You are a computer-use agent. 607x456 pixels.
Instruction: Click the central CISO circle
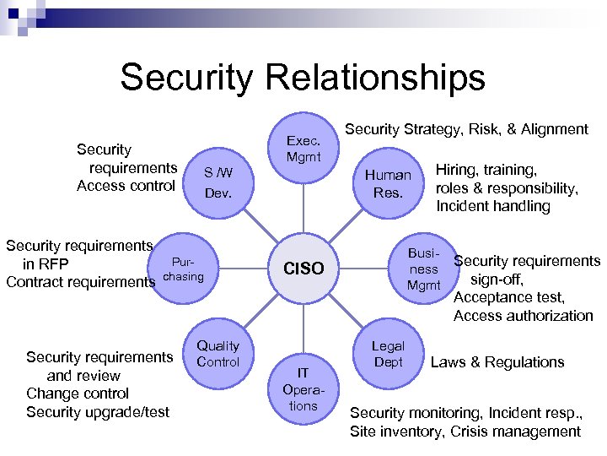coord(303,269)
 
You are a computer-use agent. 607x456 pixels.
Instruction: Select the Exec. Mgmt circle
coord(303,149)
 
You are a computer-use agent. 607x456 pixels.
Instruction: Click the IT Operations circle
coord(303,388)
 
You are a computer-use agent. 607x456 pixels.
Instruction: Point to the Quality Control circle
coord(218,354)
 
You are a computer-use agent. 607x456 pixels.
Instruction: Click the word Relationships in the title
coord(374,78)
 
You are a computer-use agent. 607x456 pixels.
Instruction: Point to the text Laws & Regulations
coord(497,362)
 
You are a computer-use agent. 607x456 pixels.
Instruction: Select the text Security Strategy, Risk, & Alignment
coord(467,129)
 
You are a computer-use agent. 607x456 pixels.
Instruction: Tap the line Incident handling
coord(492,206)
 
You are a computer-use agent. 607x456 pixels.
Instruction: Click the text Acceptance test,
coord(509,297)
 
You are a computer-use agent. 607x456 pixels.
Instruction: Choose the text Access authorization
coord(523,316)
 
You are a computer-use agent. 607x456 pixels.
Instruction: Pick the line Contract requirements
coord(81,281)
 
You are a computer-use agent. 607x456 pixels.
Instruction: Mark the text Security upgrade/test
coord(98,412)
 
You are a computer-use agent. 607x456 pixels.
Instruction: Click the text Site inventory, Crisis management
coord(465,432)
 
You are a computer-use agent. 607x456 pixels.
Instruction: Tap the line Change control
coord(78,394)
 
